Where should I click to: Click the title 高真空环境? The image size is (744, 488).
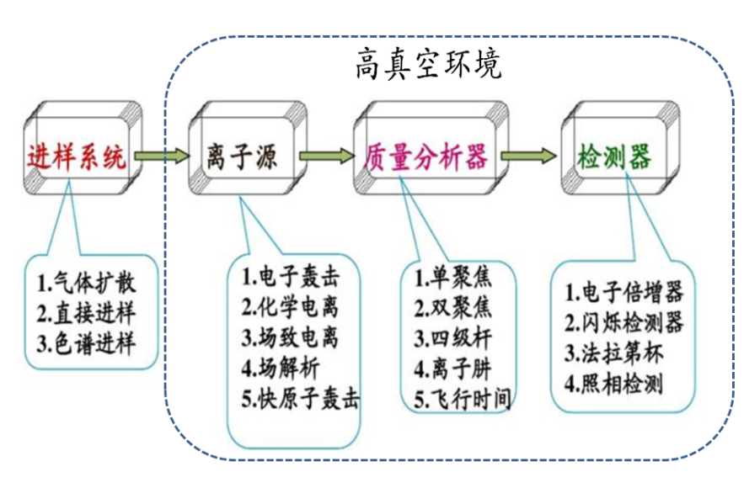[428, 64]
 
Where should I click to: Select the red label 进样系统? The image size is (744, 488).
[78, 156]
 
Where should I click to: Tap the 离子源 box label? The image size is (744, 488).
[240, 156]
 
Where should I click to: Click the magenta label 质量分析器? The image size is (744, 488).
[426, 156]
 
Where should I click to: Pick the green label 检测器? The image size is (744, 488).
[613, 156]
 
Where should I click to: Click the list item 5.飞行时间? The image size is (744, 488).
[462, 397]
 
